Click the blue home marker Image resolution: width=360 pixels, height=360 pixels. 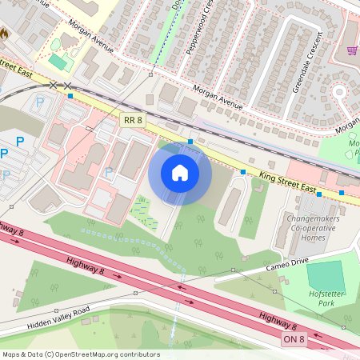point(180,172)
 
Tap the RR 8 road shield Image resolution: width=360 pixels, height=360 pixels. point(132,119)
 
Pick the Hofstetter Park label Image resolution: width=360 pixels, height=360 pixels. point(326,298)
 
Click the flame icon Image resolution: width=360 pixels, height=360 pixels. point(3,35)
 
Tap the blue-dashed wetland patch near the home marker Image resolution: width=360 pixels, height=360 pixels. point(141,210)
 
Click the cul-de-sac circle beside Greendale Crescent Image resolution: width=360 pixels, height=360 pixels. point(339,91)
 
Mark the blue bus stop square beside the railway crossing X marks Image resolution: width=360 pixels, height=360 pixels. point(70,96)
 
